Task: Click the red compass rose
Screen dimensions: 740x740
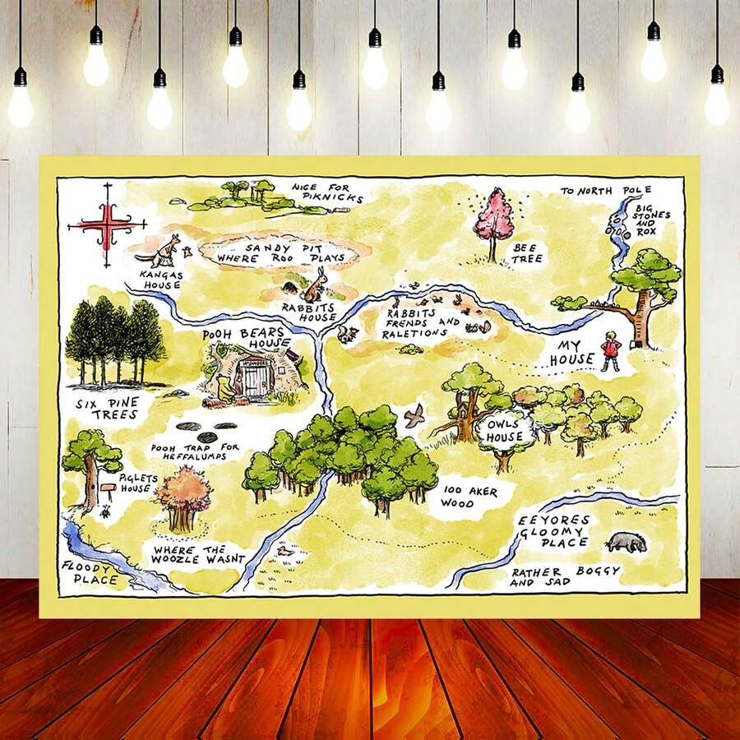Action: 106,224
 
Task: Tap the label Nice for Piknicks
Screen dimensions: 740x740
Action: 321,192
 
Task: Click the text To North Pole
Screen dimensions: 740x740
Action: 605,191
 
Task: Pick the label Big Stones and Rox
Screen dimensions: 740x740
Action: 652,220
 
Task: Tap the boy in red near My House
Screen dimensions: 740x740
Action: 609,349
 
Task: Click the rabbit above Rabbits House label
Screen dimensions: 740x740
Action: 314,284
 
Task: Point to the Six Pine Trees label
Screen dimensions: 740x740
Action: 107,409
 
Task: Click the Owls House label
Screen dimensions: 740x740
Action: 505,430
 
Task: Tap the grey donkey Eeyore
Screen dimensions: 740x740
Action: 626,542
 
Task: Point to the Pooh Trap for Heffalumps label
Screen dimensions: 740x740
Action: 194,452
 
